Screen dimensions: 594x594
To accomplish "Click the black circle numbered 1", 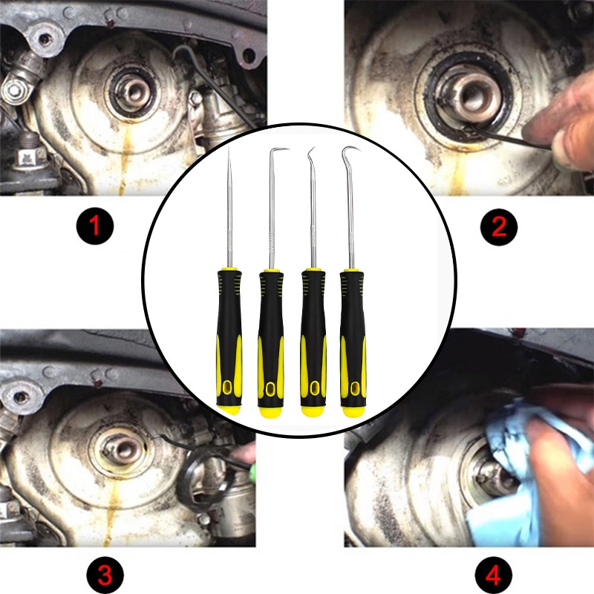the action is tap(95, 226).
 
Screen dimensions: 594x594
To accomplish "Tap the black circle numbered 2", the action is tap(498, 227).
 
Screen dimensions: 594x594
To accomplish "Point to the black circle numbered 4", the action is tap(493, 575).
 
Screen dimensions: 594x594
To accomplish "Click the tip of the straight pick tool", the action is tap(229, 147).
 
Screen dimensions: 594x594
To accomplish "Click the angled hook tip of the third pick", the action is tap(311, 152).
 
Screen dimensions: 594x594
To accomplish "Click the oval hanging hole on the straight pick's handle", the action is tap(228, 387).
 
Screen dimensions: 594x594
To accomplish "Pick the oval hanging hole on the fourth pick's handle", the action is tap(355, 388).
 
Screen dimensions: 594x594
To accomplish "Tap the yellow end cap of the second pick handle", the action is tap(270, 412).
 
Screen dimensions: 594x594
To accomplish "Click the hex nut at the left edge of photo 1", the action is tap(14, 90).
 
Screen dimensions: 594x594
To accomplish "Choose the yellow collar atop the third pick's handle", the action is tap(313, 270).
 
